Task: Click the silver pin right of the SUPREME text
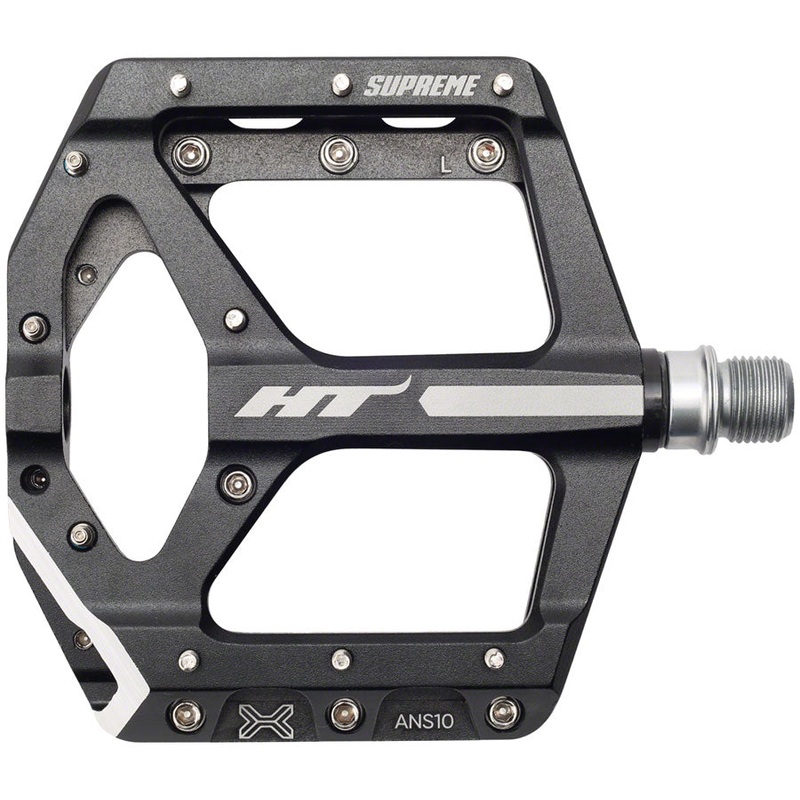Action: (503, 84)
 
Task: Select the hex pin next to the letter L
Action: (486, 153)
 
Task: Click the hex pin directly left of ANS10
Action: (345, 713)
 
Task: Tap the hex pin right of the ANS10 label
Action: (503, 713)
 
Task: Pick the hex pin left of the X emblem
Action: (187, 714)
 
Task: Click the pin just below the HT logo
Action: (237, 484)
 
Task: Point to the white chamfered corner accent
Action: (60, 600)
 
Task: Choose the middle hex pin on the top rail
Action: (337, 153)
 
